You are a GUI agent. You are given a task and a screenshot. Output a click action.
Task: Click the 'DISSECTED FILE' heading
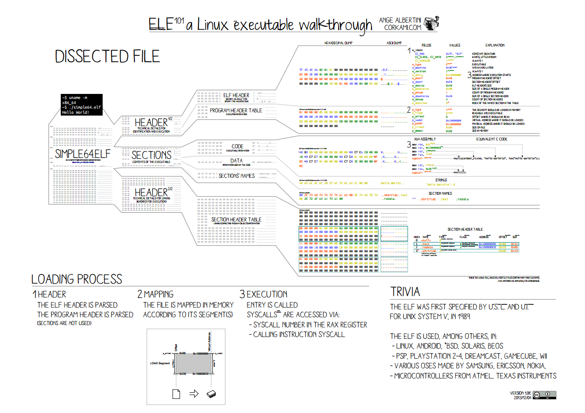(107, 56)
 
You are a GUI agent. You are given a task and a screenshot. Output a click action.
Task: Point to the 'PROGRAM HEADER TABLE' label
(236, 111)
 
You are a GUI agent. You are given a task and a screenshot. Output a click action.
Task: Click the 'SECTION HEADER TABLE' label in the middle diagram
(236, 220)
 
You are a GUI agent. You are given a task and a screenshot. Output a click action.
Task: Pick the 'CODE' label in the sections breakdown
(237, 146)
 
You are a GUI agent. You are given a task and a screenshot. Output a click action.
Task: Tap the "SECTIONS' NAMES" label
(237, 176)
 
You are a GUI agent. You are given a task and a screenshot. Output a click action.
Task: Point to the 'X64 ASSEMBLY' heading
(425, 139)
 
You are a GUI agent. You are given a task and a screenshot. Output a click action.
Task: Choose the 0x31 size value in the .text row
(515, 244)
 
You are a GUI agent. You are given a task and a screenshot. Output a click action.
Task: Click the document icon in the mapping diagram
(175, 394)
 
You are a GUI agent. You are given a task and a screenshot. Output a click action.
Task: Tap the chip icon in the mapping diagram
(212, 394)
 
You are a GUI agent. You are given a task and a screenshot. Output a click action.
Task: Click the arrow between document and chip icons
(194, 394)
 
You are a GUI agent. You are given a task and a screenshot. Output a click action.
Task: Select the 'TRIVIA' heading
(405, 292)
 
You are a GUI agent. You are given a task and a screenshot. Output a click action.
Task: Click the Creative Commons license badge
(544, 395)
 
